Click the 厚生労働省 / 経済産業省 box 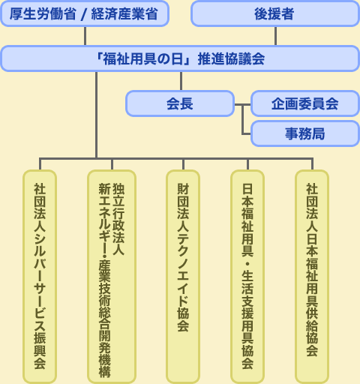point(85,13)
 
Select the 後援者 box point(275,13)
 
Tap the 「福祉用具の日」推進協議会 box point(180,58)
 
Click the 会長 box point(180,103)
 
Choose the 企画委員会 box point(305,103)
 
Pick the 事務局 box point(305,133)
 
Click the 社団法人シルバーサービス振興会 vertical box point(40,277)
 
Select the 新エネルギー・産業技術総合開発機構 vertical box point(112,277)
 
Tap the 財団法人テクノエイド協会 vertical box point(183,277)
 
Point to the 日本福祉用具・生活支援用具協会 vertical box point(247,277)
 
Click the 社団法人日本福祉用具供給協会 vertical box point(312,277)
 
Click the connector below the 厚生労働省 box point(85,36)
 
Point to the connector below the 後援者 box point(275,36)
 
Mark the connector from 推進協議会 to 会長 point(181,81)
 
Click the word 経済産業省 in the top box point(124,13)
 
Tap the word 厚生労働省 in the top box point(43,13)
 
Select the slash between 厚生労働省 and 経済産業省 point(84,14)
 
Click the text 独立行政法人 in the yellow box point(118,219)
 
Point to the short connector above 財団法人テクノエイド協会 point(183,164)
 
